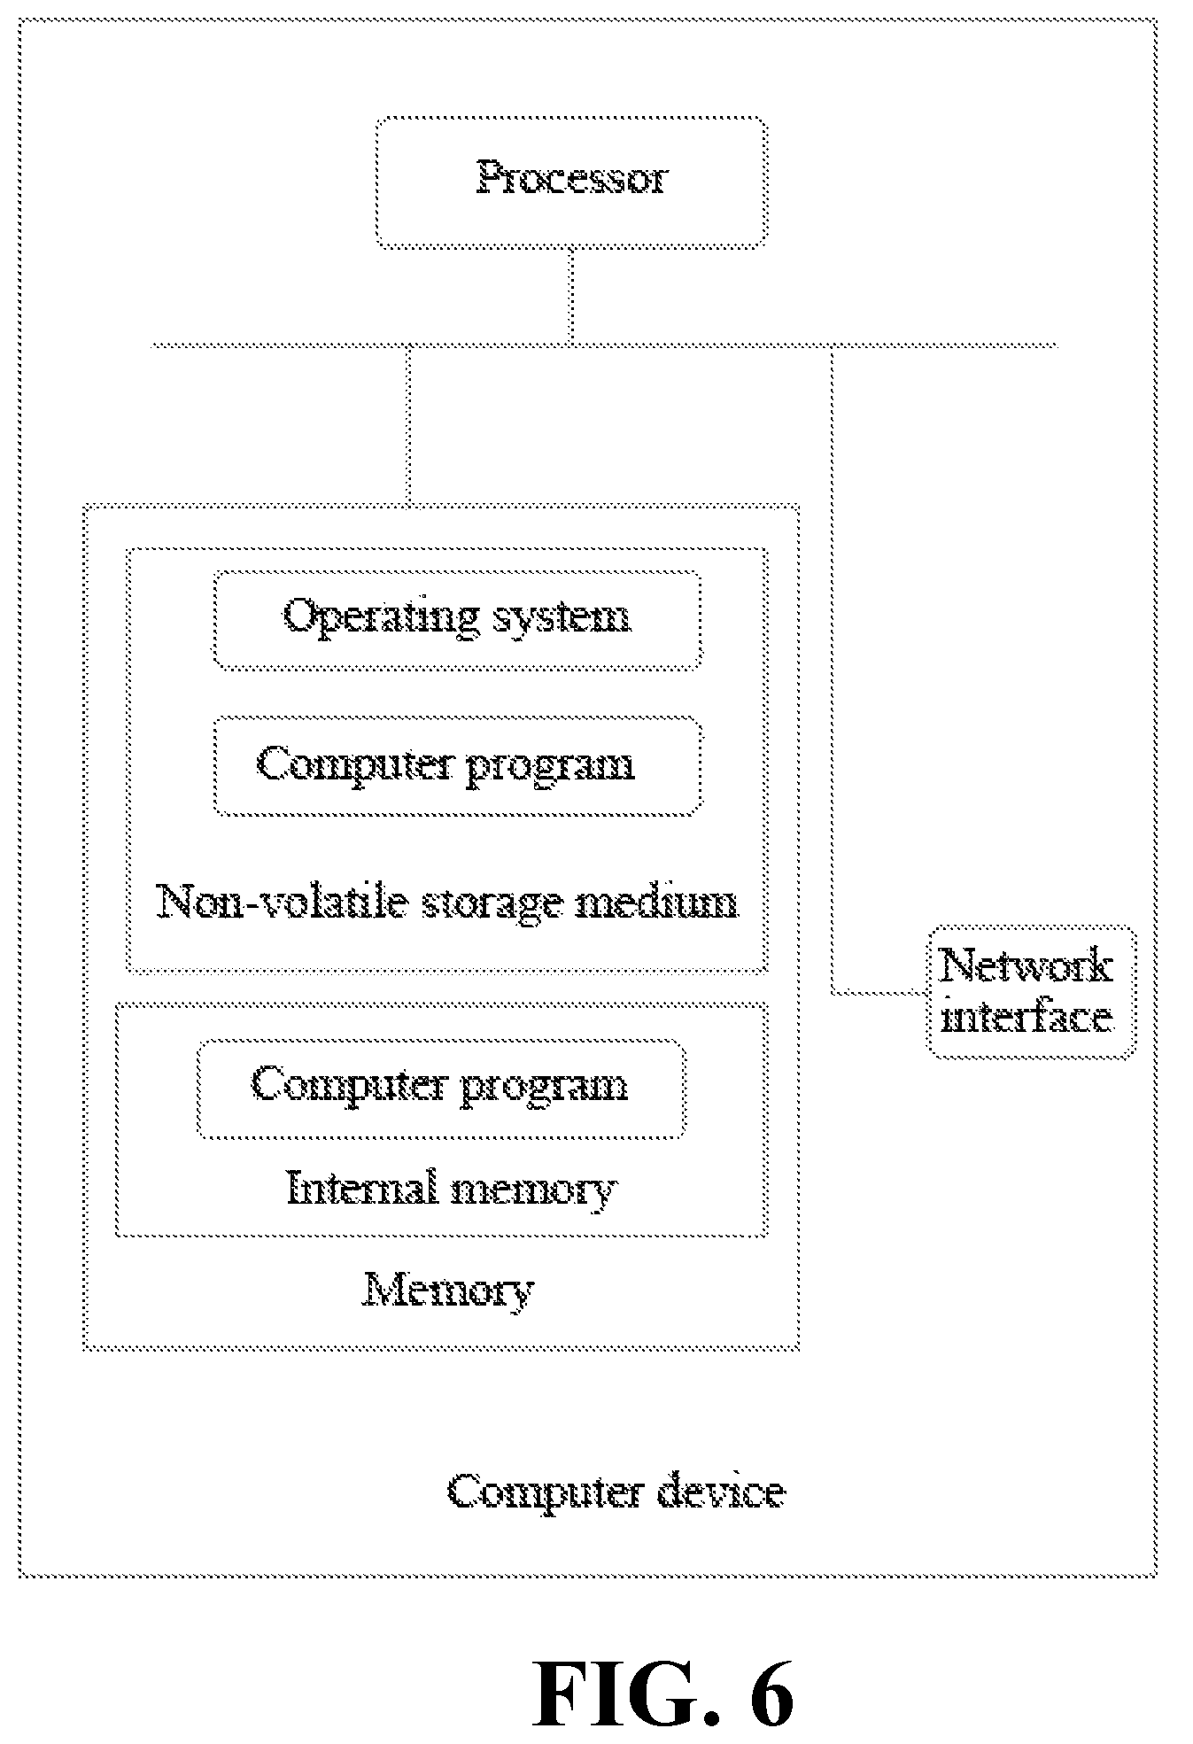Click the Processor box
coord(571,182)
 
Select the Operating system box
coord(457,619)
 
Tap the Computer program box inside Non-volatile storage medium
coord(458,766)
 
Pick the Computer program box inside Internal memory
coord(441,1089)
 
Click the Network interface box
coord(1032,992)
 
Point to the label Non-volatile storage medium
coord(447,903)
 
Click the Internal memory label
coord(452,1189)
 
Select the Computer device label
coord(616,1492)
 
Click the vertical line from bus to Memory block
coord(408,426)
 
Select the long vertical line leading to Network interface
coord(833,670)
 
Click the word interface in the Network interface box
coord(1026,1018)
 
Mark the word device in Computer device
coord(721,1492)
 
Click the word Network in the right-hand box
coord(1026,965)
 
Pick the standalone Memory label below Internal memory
coord(448,1291)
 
